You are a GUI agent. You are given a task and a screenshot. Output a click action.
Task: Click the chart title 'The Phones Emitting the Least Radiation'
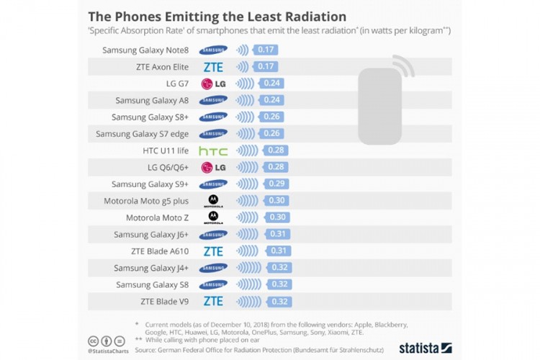point(217,16)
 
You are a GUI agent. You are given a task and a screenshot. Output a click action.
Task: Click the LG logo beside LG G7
point(213,84)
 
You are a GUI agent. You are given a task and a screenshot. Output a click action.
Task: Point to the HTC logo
point(213,151)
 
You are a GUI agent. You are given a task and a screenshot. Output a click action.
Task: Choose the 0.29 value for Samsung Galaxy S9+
point(276,184)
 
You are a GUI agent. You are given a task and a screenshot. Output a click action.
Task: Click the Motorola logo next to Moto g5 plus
point(213,201)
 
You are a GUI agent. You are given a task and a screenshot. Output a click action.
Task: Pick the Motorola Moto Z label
point(157,217)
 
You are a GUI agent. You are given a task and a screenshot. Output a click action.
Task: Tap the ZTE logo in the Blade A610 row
point(213,251)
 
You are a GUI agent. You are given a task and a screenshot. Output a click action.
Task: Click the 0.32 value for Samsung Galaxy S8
point(279,284)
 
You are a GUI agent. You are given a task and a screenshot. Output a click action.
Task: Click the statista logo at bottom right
point(425,346)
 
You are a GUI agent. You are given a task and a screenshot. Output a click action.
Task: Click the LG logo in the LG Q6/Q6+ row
point(213,168)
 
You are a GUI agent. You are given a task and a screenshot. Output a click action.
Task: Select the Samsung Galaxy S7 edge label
point(142,134)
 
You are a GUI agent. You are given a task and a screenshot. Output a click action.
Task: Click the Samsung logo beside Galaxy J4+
point(213,268)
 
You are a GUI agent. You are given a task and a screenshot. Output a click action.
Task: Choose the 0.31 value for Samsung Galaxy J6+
point(278,234)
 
